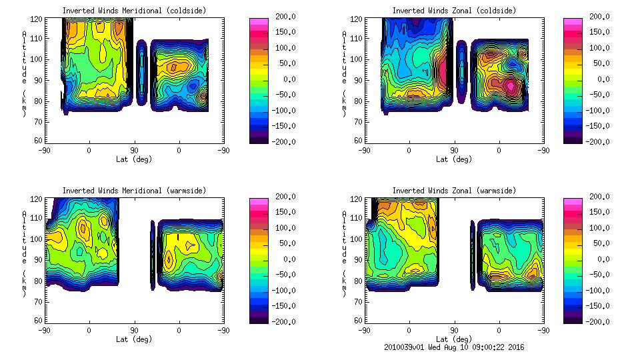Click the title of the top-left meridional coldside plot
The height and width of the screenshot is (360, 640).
pos(134,11)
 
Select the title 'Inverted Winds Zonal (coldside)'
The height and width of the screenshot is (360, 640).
pos(454,11)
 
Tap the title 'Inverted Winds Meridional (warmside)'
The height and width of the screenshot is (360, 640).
pos(134,191)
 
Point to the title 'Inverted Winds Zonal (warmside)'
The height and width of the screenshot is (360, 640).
pos(454,191)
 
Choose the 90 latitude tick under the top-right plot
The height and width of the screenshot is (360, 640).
pos(454,150)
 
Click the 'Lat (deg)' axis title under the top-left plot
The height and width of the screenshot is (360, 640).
pos(134,159)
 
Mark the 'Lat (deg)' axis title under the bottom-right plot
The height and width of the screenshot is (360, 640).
pos(454,339)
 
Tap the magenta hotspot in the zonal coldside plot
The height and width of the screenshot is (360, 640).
pos(511,85)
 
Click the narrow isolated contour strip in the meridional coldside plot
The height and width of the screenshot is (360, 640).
pos(141,72)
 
